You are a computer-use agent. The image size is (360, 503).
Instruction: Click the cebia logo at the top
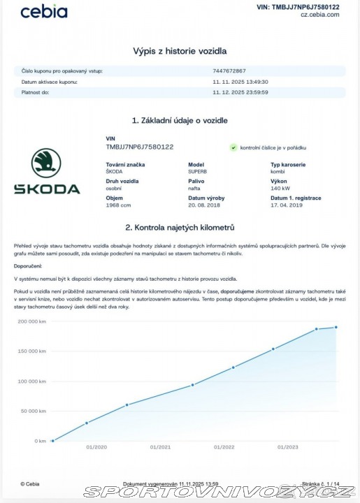coord(44,12)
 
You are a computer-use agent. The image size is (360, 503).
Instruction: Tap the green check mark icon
coord(233,148)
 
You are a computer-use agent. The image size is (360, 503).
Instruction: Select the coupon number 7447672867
coord(229,71)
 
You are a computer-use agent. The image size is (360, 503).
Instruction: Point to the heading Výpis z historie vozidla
coord(180,51)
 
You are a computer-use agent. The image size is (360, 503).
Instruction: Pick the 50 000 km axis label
coord(32,411)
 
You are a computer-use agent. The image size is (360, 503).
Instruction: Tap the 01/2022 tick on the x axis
coord(224,447)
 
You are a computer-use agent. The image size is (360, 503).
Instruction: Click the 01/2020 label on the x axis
coord(96,447)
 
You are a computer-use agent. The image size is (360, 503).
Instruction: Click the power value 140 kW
coord(280,188)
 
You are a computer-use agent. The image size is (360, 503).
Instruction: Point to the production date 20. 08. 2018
coord(204,205)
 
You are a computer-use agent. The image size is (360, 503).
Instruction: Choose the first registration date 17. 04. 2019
coord(287,205)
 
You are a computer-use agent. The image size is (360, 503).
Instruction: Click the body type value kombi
coord(278,170)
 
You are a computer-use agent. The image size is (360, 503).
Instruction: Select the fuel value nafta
coord(195,188)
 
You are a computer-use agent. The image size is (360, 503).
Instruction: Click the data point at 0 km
coord(53,441)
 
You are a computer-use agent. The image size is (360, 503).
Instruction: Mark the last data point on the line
coord(336,327)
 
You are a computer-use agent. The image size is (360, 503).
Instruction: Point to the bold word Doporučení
coord(28,266)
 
